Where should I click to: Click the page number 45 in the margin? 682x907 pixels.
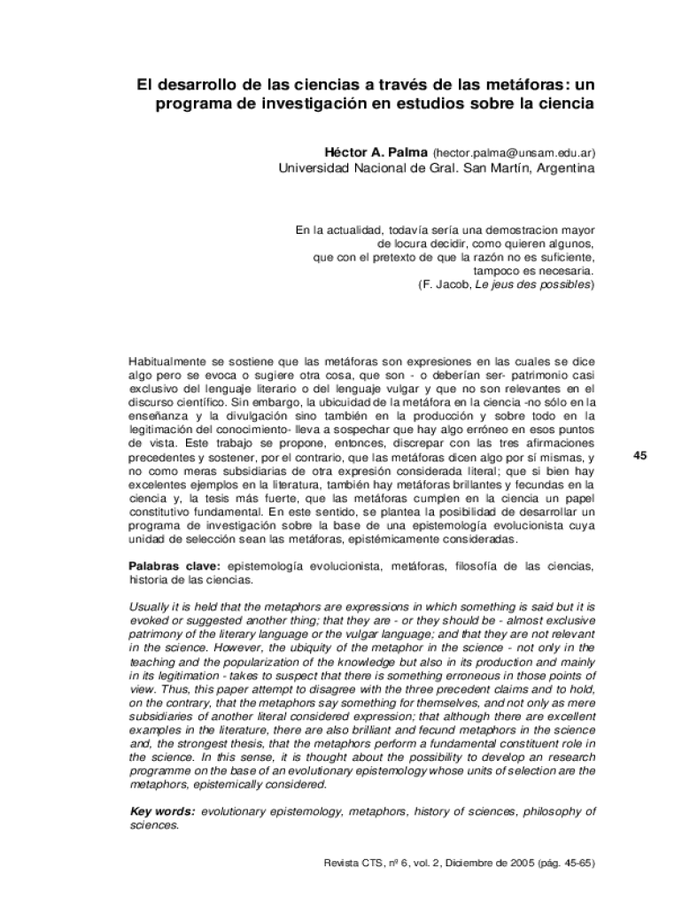[x=643, y=456]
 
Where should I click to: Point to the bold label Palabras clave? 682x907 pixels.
[x=176, y=565]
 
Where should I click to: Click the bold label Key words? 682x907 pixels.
[x=163, y=810]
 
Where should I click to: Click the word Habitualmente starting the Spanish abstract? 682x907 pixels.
[x=173, y=362]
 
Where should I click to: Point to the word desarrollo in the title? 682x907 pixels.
[x=202, y=86]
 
